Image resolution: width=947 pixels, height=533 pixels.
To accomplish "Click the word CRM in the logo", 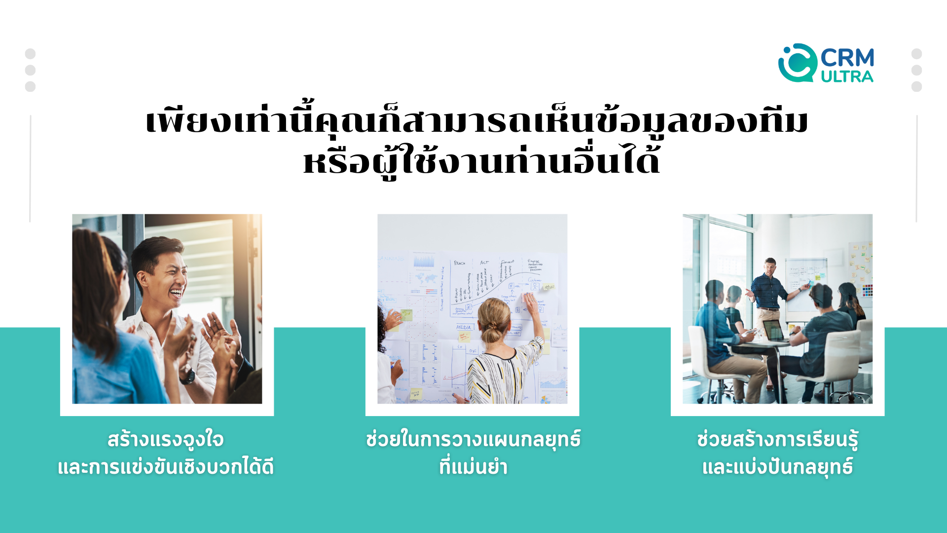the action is (847, 58).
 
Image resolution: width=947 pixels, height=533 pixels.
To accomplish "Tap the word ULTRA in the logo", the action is (847, 76).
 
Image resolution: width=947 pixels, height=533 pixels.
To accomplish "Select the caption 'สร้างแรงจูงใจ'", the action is (166, 440).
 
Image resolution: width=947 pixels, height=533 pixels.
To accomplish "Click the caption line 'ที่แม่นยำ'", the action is (473, 466).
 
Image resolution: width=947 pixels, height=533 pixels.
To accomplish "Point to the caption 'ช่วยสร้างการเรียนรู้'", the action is (777, 440).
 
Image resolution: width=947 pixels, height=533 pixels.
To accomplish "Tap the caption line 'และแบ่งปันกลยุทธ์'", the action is (777, 466).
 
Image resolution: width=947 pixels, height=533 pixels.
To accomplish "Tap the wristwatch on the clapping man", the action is (187, 377).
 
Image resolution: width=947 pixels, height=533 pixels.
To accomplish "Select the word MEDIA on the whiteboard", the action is (464, 327).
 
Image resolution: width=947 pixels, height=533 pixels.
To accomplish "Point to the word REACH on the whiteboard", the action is (460, 263).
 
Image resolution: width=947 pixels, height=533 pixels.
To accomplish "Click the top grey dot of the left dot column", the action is (30, 54).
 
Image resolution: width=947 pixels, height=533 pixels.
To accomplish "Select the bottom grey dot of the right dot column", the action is (916, 87).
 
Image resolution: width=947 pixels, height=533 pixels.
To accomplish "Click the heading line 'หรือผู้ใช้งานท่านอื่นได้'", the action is (481, 161).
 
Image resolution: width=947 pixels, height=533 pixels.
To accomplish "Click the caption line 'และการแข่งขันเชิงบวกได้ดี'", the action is (166, 467).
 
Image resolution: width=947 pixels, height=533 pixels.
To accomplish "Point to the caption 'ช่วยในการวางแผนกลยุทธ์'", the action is (473, 440).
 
